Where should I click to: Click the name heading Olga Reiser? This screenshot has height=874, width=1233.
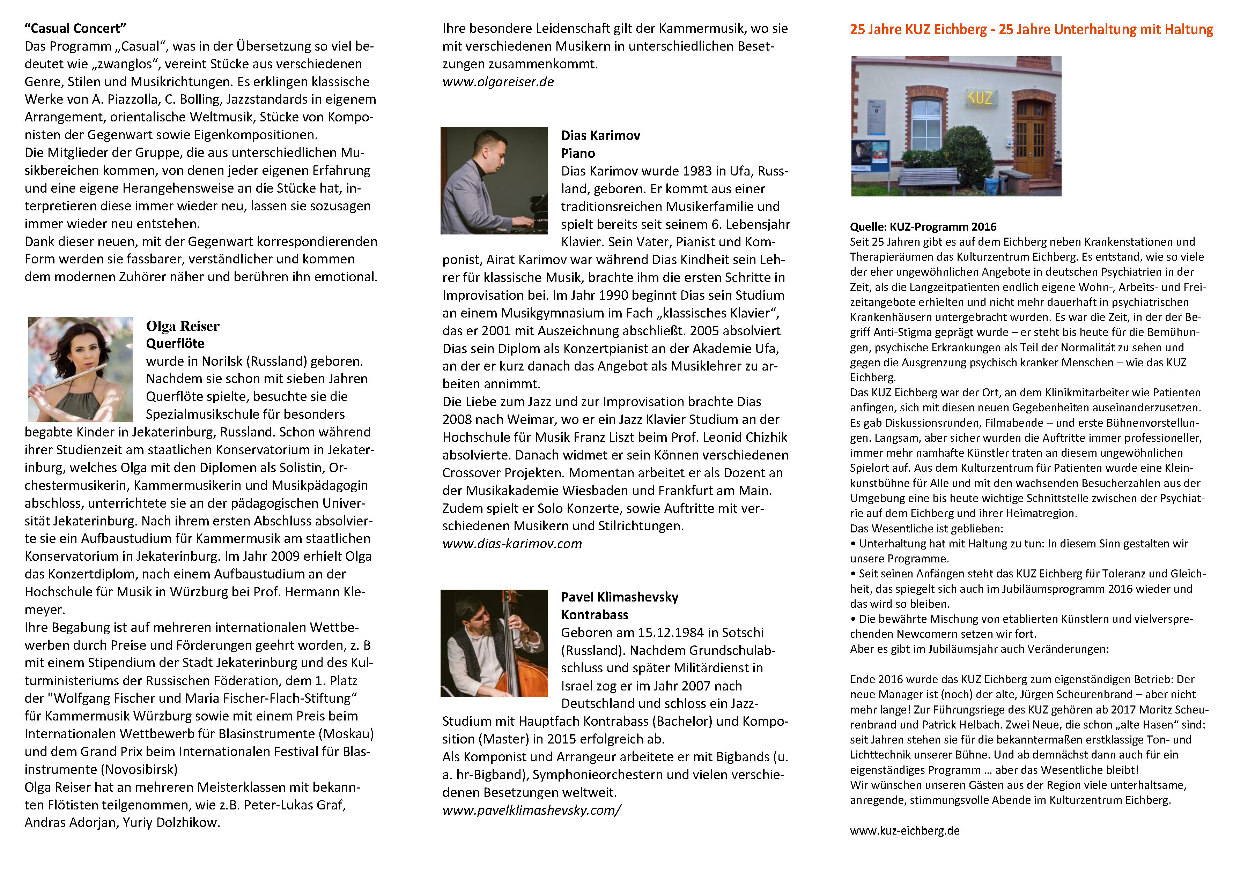(183, 326)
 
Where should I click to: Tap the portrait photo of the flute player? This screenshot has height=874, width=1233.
(80, 369)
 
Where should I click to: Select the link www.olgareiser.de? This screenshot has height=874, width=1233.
(497, 82)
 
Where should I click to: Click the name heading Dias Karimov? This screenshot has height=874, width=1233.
(600, 136)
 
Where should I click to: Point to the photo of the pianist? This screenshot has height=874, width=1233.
(494, 180)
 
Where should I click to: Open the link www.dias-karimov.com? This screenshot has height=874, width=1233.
(511, 544)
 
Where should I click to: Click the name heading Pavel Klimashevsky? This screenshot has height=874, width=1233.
(619, 597)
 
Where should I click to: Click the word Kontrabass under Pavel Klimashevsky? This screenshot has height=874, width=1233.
(595, 615)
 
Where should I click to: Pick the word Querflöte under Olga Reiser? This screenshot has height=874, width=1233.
(175, 343)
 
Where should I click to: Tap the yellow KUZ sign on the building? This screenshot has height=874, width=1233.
(980, 98)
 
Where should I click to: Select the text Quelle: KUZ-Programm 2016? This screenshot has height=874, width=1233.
(923, 226)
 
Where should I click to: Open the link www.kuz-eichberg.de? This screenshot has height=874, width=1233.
(905, 830)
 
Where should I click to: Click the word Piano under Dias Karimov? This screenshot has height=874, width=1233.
(578, 154)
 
